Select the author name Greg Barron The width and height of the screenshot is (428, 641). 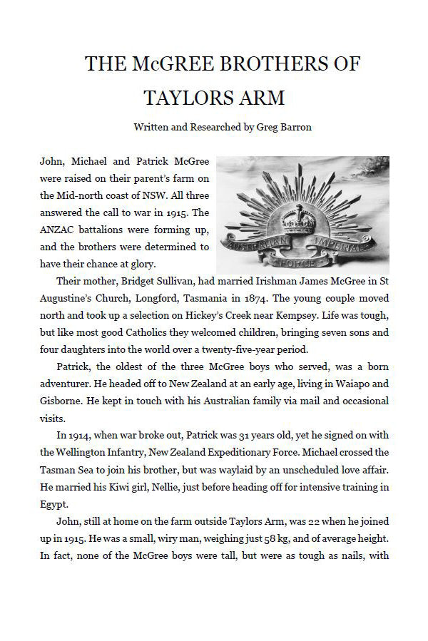(264, 127)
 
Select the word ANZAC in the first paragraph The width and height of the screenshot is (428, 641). (58, 230)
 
